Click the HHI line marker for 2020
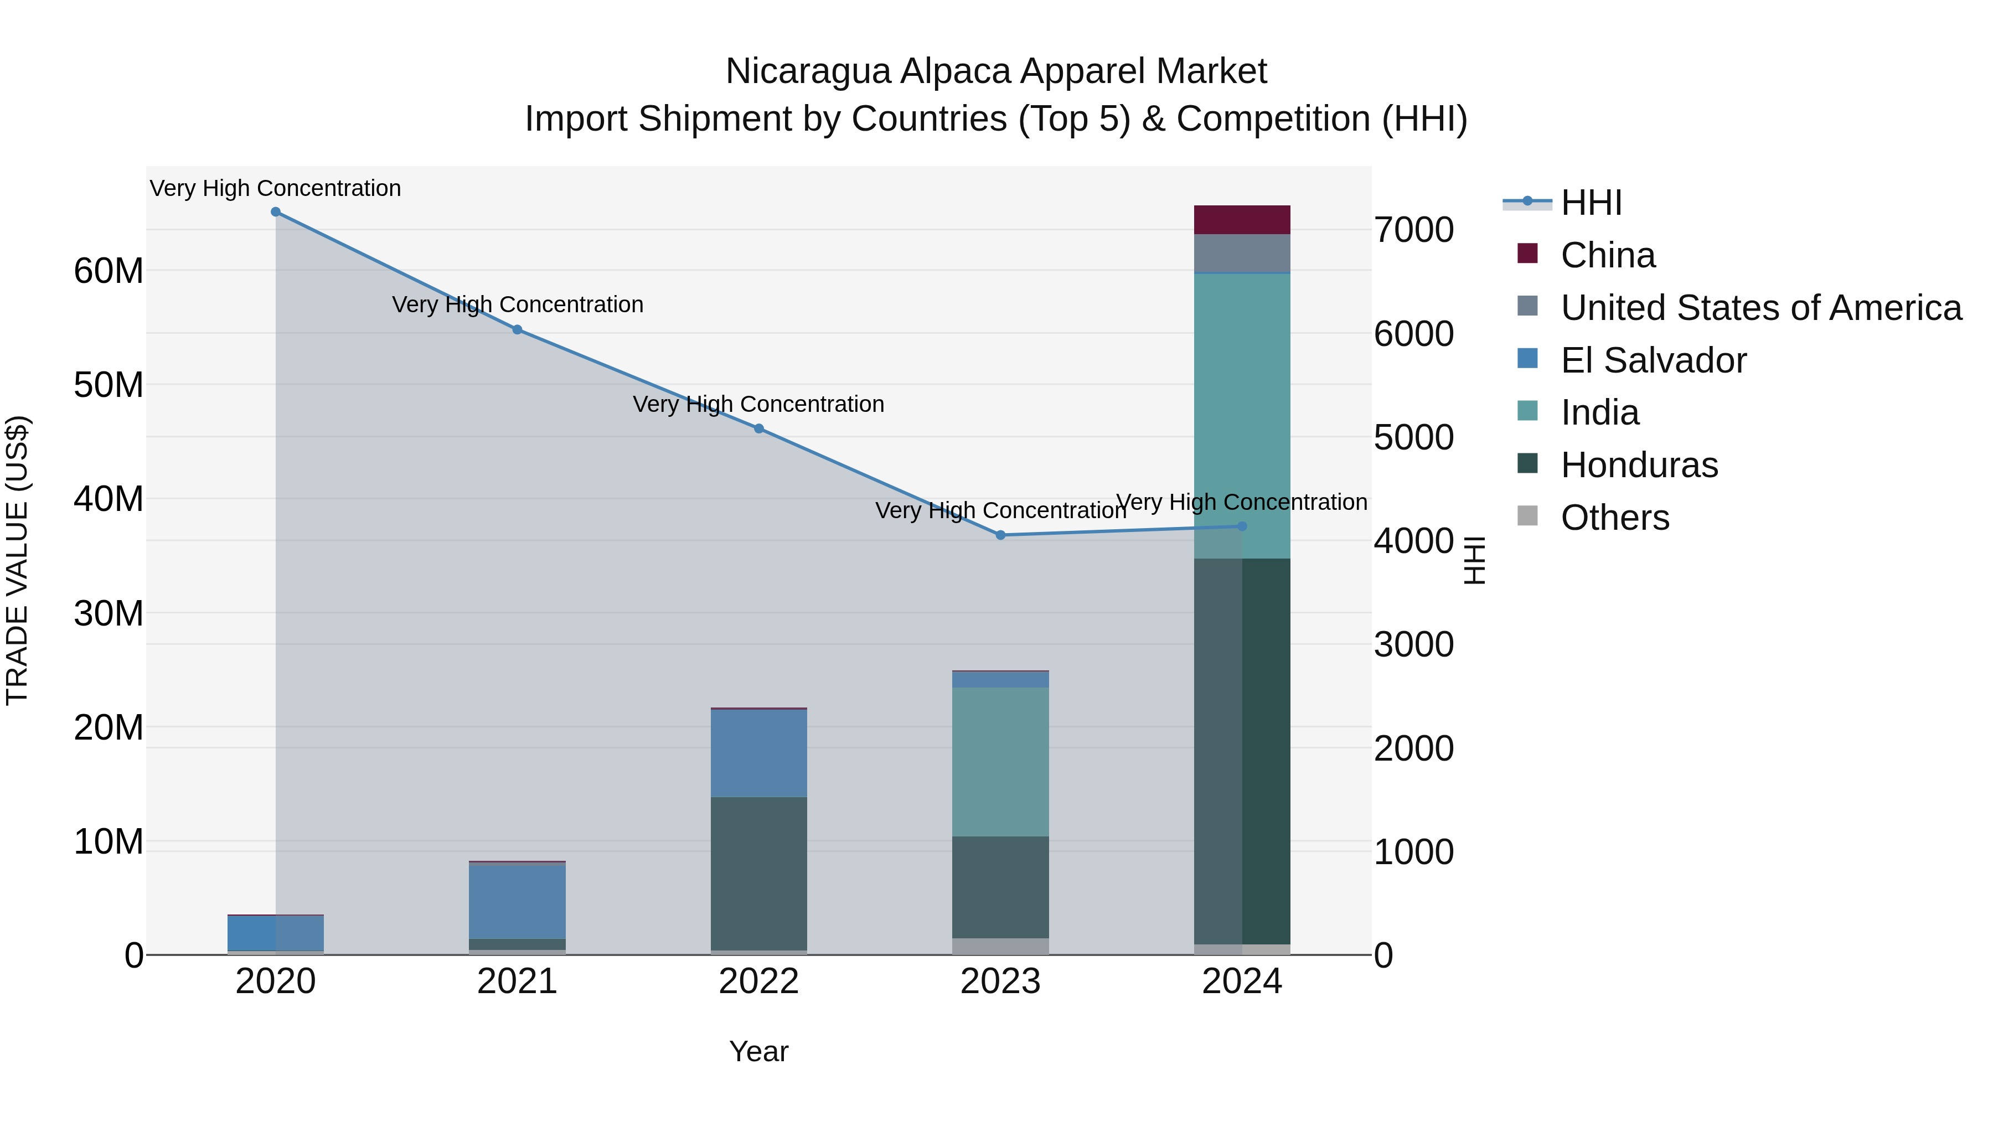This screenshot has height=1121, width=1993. (x=276, y=212)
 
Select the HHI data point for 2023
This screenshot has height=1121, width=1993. (x=1000, y=535)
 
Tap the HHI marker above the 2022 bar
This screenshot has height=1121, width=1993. (x=759, y=428)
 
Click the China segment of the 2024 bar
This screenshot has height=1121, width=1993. (x=1242, y=220)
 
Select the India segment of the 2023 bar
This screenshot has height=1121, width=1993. (x=1000, y=762)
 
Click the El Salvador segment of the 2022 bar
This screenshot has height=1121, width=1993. (x=759, y=753)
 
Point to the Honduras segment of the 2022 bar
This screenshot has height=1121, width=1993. (x=759, y=874)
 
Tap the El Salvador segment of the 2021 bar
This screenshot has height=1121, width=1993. (x=518, y=901)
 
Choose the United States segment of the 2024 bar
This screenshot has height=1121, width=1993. (x=1242, y=254)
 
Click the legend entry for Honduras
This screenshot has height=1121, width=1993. (x=1639, y=466)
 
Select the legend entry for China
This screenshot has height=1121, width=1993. (x=1608, y=255)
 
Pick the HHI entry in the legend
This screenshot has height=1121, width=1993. (x=1591, y=203)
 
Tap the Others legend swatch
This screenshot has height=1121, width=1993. (x=1528, y=516)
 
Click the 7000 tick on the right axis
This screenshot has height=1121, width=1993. (x=1413, y=230)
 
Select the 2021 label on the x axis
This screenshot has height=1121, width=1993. (x=518, y=981)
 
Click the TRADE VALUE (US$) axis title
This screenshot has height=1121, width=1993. (x=17, y=560)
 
